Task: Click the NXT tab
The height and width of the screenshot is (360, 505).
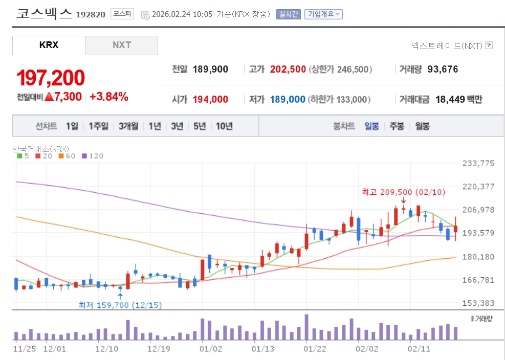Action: click(122, 45)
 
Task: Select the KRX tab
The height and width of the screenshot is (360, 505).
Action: click(49, 45)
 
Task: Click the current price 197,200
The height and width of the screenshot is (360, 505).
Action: click(51, 78)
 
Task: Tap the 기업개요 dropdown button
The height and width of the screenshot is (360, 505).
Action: click(323, 14)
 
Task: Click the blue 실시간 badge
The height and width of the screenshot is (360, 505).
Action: click(289, 14)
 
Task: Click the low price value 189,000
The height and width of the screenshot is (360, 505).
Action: click(288, 99)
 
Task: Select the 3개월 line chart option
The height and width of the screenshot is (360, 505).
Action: click(128, 126)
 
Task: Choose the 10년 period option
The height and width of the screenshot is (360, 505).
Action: click(224, 126)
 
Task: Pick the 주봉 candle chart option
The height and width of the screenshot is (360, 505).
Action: click(397, 126)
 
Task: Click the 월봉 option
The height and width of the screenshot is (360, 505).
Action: click(422, 126)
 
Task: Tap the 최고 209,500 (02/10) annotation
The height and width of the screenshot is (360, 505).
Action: click(403, 192)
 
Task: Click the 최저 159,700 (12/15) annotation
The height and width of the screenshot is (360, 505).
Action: click(120, 305)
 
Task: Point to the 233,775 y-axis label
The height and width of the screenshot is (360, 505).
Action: click(478, 164)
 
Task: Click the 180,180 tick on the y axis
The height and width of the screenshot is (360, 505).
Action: click(478, 257)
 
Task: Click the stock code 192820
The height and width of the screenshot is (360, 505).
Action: click(91, 15)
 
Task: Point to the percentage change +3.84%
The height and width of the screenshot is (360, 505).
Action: click(108, 97)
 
